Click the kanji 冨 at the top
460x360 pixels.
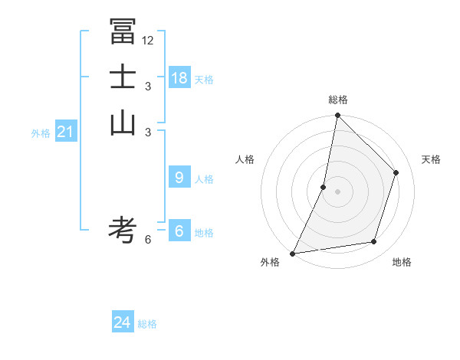(x=123, y=31)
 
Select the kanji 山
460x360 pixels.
(x=123, y=122)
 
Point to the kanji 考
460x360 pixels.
(x=123, y=229)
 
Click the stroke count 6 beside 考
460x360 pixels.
(x=148, y=239)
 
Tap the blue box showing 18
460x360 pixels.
(x=179, y=78)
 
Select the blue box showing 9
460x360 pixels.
(x=179, y=178)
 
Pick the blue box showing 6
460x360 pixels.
(x=179, y=231)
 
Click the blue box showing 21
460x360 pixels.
(x=65, y=132)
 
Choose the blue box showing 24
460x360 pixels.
(x=123, y=322)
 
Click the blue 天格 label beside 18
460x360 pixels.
(x=204, y=80)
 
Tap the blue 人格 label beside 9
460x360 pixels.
(x=204, y=179)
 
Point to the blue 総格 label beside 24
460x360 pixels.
(x=147, y=324)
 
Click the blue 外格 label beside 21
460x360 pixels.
(x=41, y=133)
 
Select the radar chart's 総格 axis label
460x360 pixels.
(x=337, y=100)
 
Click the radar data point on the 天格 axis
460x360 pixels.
(x=396, y=172)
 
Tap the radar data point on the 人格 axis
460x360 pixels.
(x=324, y=187)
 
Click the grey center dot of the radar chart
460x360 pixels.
(x=337, y=191)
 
